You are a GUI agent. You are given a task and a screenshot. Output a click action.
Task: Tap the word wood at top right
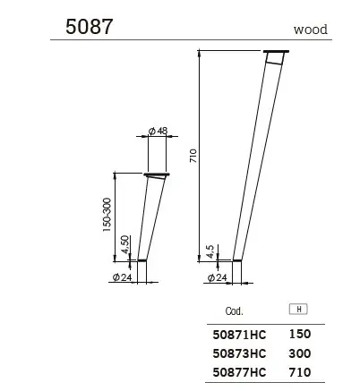310,29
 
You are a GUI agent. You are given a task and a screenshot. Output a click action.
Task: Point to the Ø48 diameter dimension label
158,131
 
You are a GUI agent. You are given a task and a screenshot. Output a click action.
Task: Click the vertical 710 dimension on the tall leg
192,154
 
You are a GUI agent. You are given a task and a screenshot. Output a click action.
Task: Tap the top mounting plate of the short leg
158,174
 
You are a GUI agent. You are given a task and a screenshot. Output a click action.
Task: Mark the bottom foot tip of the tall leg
237,260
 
